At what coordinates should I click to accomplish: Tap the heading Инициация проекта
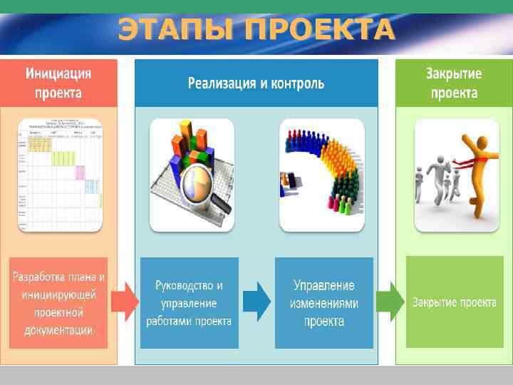pyautogui.click(x=58, y=83)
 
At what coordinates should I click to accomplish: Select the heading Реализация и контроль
pyautogui.click(x=256, y=83)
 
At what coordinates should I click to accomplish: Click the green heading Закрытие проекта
pyautogui.click(x=453, y=83)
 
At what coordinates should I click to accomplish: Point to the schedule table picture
pyautogui.click(x=60, y=175)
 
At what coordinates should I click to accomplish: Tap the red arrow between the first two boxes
pyautogui.click(x=125, y=302)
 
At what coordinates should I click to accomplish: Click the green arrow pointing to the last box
pyautogui.click(x=389, y=302)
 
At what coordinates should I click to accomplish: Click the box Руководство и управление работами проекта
pyautogui.click(x=189, y=302)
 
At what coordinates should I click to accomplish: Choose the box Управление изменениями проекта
pyautogui.click(x=324, y=302)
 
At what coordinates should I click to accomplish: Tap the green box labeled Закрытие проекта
pyautogui.click(x=454, y=302)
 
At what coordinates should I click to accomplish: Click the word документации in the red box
pyautogui.click(x=58, y=330)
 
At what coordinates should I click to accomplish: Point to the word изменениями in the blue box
pyautogui.click(x=324, y=303)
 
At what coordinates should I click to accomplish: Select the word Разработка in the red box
pyautogui.click(x=39, y=277)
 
